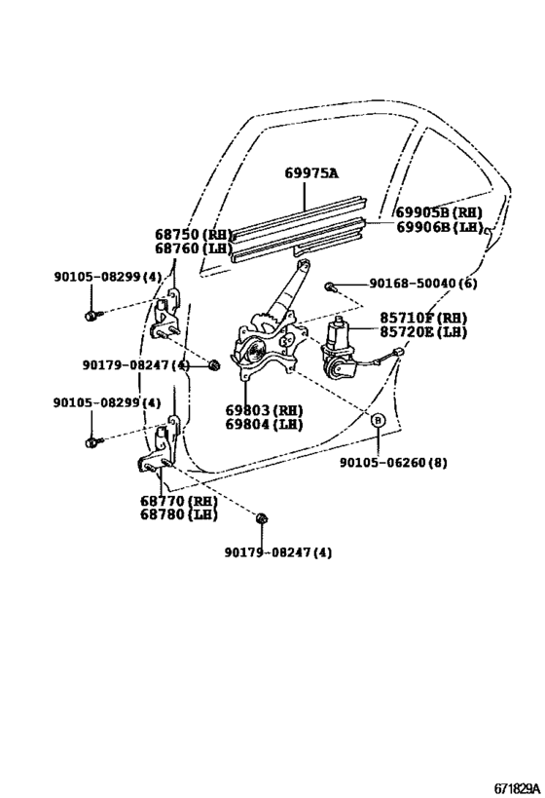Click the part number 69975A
click(x=311, y=173)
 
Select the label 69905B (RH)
click(x=438, y=212)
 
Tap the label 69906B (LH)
click(x=438, y=227)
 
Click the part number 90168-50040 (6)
click(x=423, y=284)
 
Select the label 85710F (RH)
click(x=423, y=319)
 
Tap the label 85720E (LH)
click(x=423, y=332)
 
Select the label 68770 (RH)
click(x=176, y=501)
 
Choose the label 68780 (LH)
click(x=176, y=514)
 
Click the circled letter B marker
click(x=378, y=421)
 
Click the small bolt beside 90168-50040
click(x=332, y=285)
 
